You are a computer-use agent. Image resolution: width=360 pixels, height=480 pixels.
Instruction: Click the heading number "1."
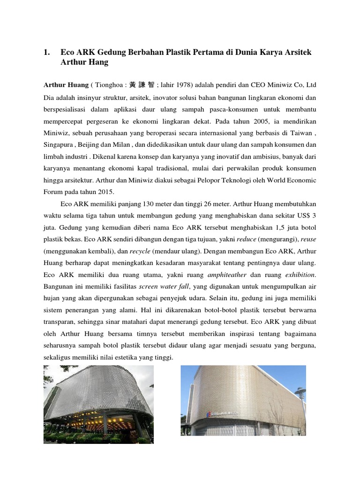click(47, 52)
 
